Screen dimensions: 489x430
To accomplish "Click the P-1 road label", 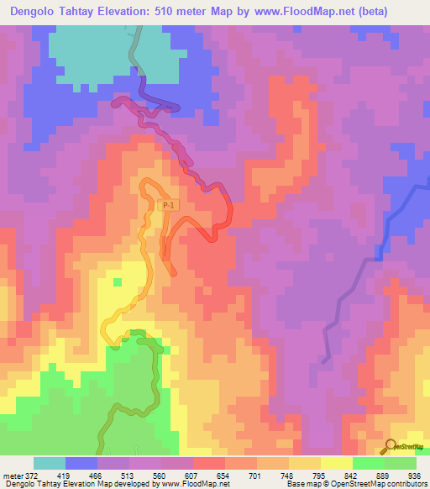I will [168, 205].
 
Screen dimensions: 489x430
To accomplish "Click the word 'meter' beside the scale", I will [13, 476].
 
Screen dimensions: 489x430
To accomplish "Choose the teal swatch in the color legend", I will [50, 463].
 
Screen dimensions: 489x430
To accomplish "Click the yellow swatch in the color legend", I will [337, 463].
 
